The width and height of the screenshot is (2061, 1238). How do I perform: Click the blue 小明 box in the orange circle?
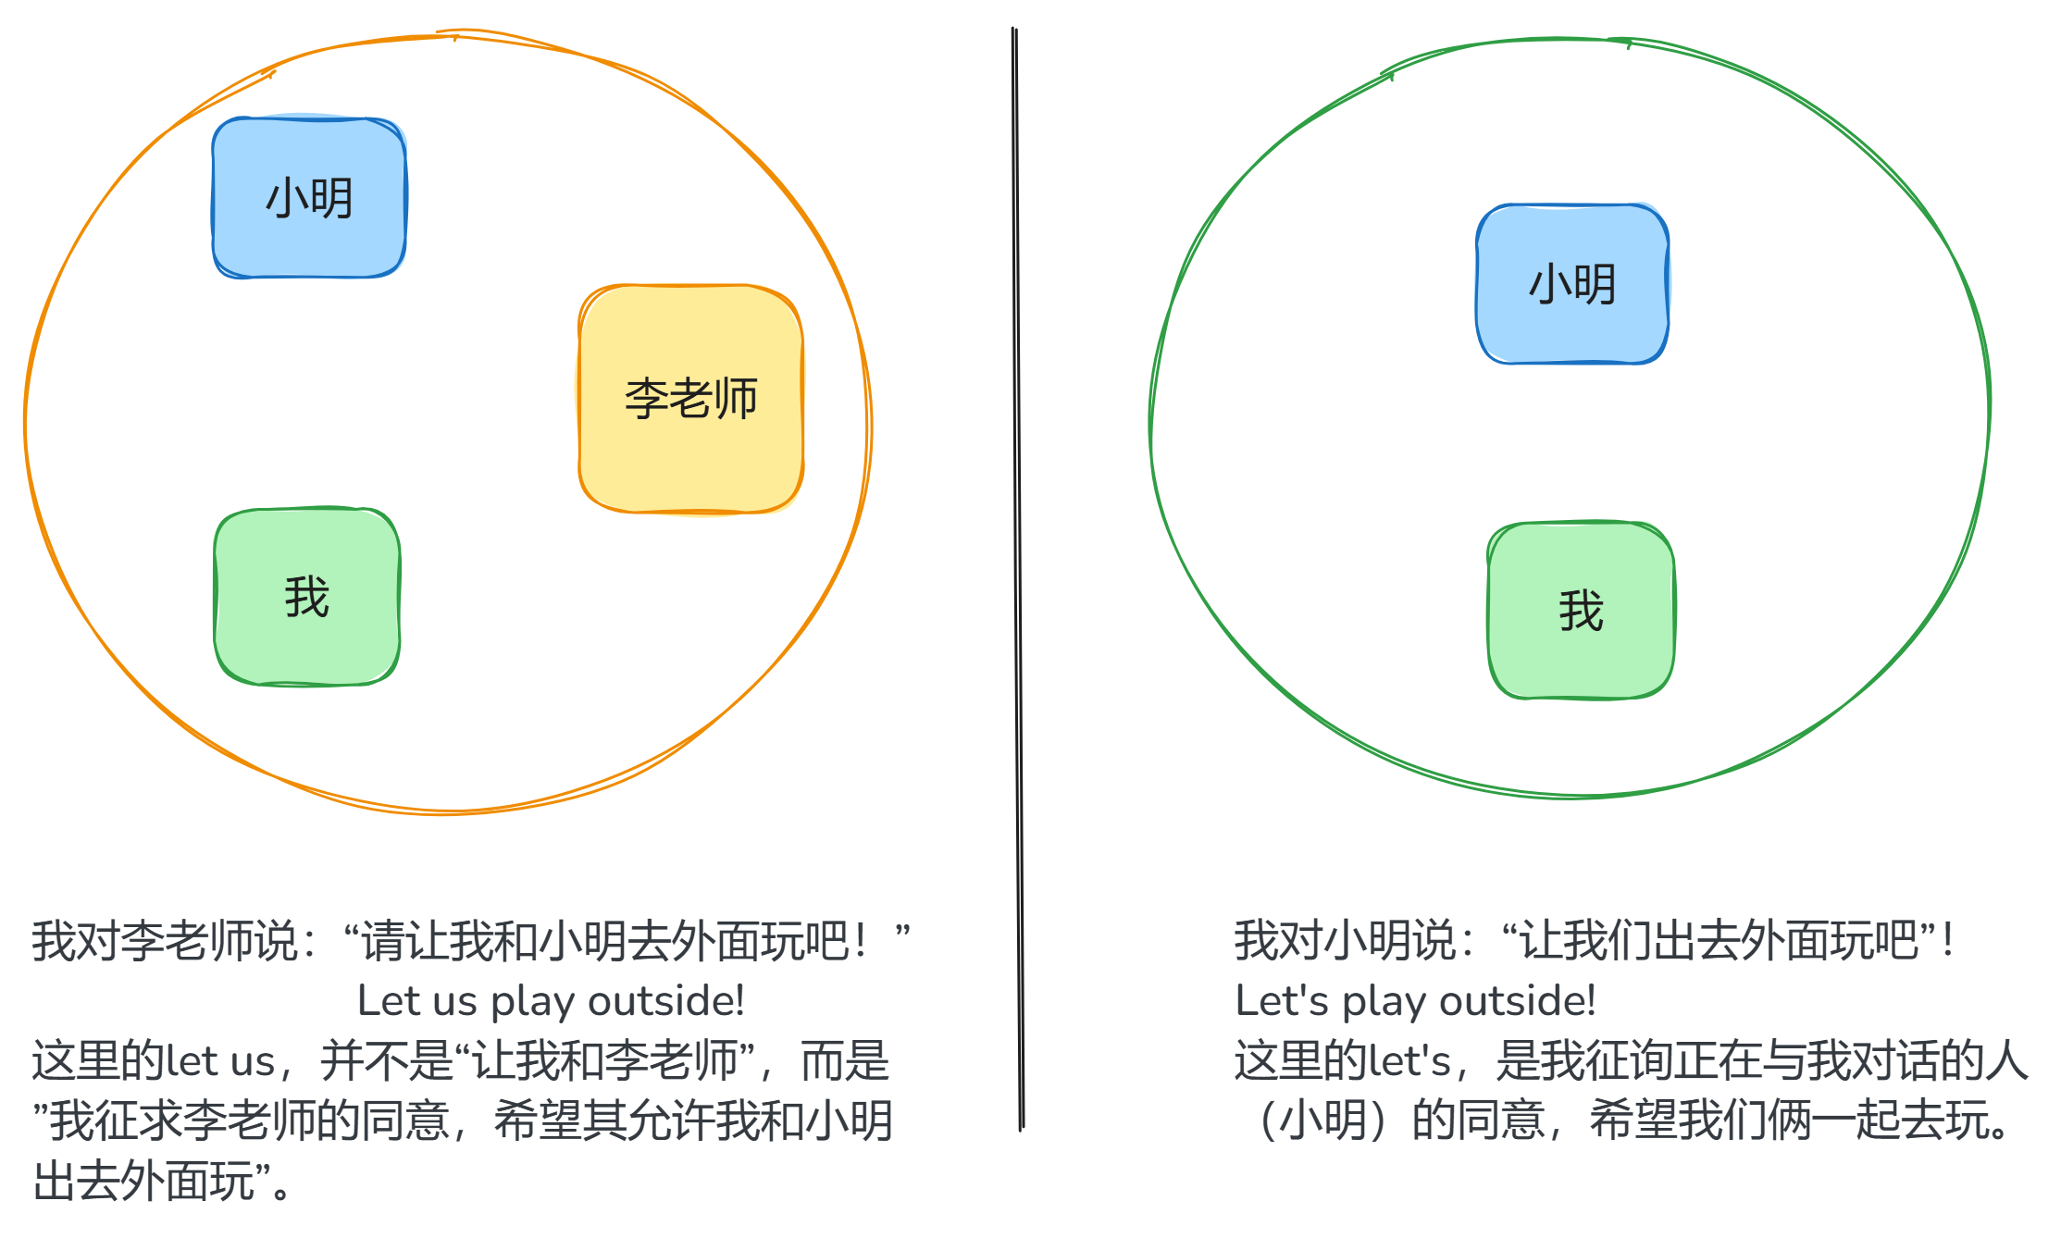309,197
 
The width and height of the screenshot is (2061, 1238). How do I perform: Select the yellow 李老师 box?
690,399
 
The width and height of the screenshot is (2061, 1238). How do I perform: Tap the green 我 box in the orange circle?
307,597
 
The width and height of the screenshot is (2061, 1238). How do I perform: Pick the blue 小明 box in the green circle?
1572,284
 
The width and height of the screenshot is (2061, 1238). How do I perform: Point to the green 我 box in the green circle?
1581,611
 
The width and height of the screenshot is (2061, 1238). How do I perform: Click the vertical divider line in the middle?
1018,574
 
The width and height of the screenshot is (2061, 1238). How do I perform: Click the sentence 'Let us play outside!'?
551,1001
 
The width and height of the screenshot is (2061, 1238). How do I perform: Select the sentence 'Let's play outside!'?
1415,1001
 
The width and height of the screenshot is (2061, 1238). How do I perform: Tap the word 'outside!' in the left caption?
666,1001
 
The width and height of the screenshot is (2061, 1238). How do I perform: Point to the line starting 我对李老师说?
470,941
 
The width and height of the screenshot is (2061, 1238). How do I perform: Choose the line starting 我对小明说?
1594,941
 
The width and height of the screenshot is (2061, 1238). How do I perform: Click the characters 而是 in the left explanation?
844,1061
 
